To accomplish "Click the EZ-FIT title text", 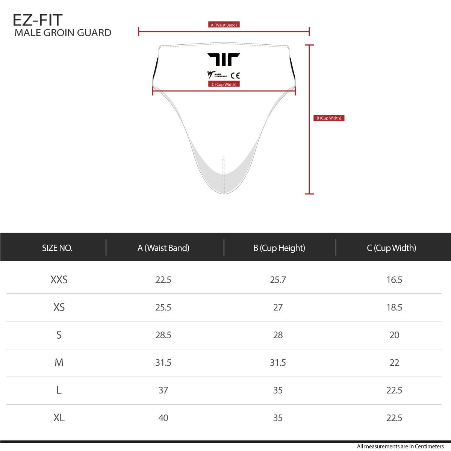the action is (38, 20).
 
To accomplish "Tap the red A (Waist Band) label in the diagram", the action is (224, 25).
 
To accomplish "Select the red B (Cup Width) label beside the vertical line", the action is (329, 118).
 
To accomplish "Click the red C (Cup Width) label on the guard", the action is (224, 84).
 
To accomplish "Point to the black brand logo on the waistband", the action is (224, 59).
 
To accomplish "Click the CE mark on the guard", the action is (235, 76).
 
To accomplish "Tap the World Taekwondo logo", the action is (217, 75).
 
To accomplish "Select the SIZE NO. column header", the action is (58, 248).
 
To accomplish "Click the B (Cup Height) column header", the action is (279, 248).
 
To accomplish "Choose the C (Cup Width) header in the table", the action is (392, 248).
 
